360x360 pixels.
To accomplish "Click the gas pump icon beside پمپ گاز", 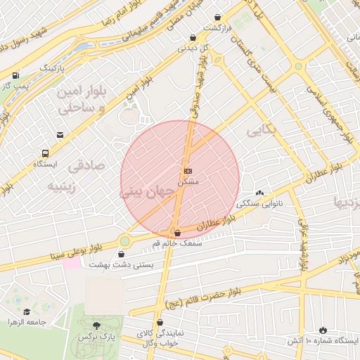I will (15, 74).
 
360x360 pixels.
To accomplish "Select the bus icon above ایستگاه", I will (46, 153).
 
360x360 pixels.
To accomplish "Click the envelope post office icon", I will (60, 134).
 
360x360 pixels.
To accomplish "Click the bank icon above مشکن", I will (188, 171).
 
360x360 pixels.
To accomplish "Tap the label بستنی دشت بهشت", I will (114, 264).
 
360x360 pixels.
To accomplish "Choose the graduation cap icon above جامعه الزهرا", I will (27, 311).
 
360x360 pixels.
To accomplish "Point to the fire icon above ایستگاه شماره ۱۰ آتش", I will (323, 330).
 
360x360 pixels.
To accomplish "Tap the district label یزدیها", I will (347, 205).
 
